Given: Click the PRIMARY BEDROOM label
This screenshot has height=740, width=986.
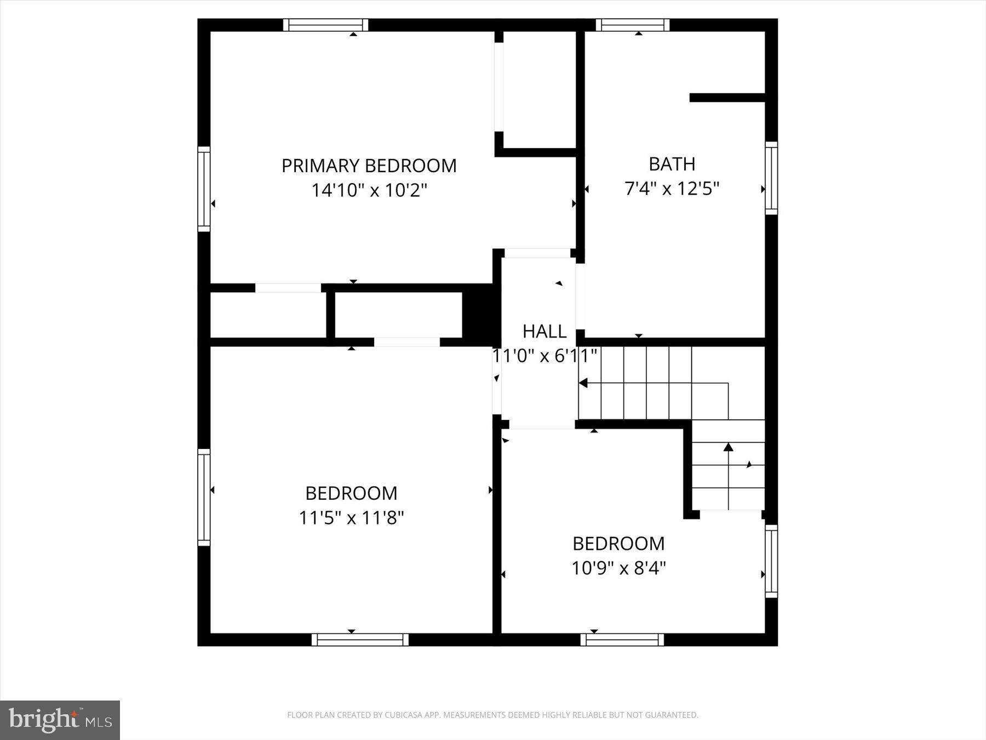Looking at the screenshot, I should pyautogui.click(x=369, y=166).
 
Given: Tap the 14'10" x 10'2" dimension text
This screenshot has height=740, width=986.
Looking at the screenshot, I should pyautogui.click(x=369, y=190).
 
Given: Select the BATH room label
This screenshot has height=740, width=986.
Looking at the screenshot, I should pyautogui.click(x=672, y=164).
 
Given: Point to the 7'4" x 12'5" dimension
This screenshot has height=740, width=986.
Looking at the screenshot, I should pyautogui.click(x=672, y=189).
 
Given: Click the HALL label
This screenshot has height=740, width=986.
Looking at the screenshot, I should pyautogui.click(x=544, y=331).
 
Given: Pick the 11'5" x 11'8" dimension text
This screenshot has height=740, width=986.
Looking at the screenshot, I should pyautogui.click(x=351, y=517).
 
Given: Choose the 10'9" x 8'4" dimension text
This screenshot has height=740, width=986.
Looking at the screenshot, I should pyautogui.click(x=618, y=568).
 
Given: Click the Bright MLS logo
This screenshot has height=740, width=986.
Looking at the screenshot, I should pyautogui.click(x=60, y=720).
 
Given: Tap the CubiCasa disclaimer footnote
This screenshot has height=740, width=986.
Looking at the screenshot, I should pyautogui.click(x=492, y=715).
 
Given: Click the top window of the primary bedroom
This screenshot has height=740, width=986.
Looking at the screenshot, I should pyautogui.click(x=326, y=25).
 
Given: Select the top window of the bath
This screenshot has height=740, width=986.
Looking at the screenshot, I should pyautogui.click(x=633, y=25).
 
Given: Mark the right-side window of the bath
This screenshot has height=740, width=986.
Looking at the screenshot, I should pyautogui.click(x=771, y=178).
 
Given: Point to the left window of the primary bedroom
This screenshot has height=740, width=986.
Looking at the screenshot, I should pyautogui.click(x=204, y=189).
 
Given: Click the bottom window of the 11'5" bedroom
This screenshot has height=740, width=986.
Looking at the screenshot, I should pyautogui.click(x=360, y=640).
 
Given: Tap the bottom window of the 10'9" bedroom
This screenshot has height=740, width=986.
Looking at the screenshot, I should pyautogui.click(x=622, y=640).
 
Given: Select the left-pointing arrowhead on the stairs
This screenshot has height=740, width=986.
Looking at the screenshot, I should pyautogui.click(x=584, y=383).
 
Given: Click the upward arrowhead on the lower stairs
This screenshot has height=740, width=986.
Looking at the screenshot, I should pyautogui.click(x=728, y=447).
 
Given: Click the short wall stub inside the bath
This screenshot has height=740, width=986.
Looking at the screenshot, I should pyautogui.click(x=727, y=98).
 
